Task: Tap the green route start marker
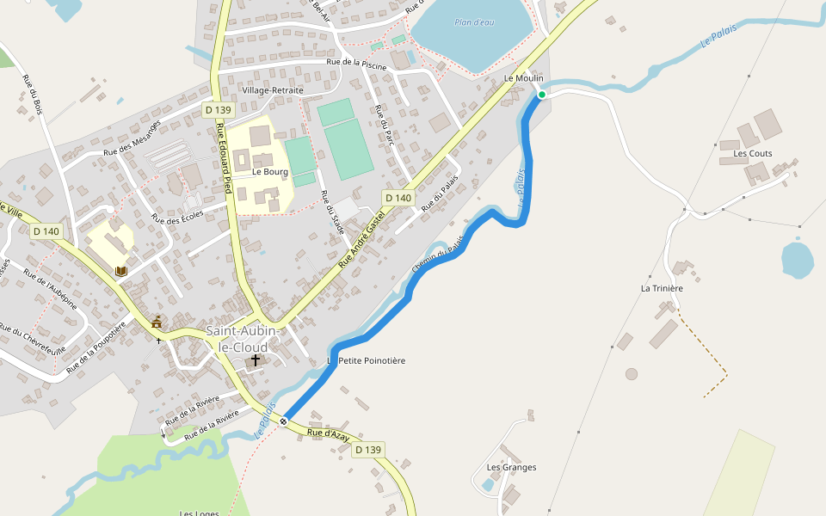(x=542, y=95)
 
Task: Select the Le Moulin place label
(x=523, y=78)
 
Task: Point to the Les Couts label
(x=753, y=154)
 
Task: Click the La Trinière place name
(x=662, y=288)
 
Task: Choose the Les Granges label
(x=511, y=468)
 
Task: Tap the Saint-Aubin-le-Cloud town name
(x=243, y=339)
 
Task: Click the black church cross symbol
(x=256, y=359)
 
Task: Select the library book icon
(x=120, y=271)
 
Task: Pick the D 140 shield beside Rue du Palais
(x=399, y=198)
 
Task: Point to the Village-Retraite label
(x=273, y=90)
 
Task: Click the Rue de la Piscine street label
(x=356, y=63)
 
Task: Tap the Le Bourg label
(x=270, y=172)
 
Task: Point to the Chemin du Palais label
(x=438, y=255)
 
